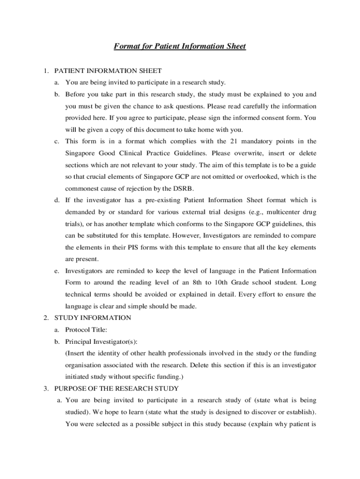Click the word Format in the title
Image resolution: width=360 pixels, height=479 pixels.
click(x=126, y=46)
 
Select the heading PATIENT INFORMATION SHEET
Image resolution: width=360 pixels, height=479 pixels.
click(x=108, y=71)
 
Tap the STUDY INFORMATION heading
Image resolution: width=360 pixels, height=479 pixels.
click(x=93, y=318)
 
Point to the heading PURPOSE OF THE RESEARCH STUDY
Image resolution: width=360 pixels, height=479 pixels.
click(x=116, y=388)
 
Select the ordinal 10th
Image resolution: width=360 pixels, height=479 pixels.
click(x=223, y=283)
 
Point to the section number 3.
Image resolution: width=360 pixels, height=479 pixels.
click(x=46, y=388)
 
